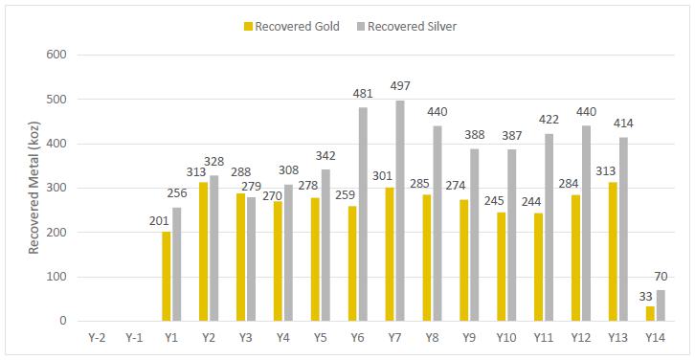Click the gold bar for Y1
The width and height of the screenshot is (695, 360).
pyautogui.click(x=167, y=276)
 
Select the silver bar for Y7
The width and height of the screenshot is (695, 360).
pyautogui.click(x=400, y=211)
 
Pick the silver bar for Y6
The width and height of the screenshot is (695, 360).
pyautogui.click(x=363, y=214)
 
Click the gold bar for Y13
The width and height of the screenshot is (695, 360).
pyautogui.click(x=613, y=252)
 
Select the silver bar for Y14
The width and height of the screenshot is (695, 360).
pyautogui.click(x=661, y=305)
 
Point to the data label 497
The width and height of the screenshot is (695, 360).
pyautogui.click(x=400, y=86)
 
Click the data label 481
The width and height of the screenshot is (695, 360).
pyautogui.click(x=363, y=94)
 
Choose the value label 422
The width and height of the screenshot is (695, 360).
pyautogui.click(x=549, y=120)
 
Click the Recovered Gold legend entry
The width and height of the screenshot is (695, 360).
pyautogui.click(x=292, y=27)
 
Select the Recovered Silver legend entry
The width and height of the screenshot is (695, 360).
pyautogui.click(x=407, y=27)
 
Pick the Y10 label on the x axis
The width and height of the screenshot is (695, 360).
pyautogui.click(x=505, y=338)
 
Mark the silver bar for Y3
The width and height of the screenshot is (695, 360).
pyautogui.click(x=251, y=259)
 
